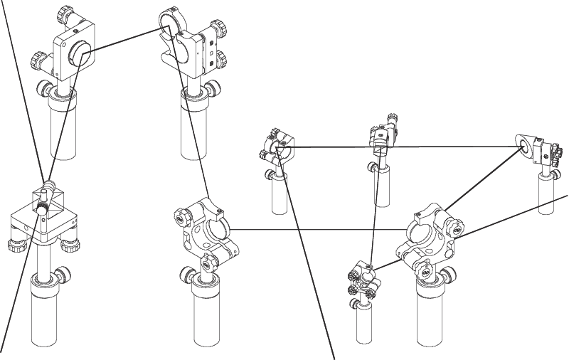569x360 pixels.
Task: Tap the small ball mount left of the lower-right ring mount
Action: click(364, 277)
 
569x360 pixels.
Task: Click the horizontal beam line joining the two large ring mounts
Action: click(320, 231)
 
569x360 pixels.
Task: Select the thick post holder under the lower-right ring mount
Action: click(430, 313)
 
